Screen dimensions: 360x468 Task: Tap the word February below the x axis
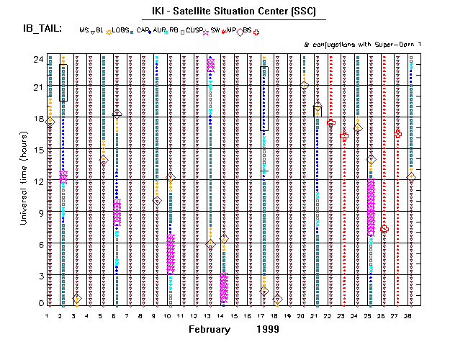click(x=210, y=329)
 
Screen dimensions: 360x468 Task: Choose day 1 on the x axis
click(x=48, y=315)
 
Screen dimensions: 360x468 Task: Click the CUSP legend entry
click(x=193, y=31)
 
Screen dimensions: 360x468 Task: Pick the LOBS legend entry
click(x=120, y=31)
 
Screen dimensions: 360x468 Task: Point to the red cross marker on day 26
click(x=384, y=228)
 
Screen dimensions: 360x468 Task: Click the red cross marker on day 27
click(x=398, y=134)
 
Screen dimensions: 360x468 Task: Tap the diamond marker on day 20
click(x=305, y=86)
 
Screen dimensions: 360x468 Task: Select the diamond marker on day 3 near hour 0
click(x=77, y=298)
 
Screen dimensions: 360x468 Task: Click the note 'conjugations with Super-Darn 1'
click(x=362, y=45)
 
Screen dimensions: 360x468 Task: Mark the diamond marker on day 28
click(x=411, y=176)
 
